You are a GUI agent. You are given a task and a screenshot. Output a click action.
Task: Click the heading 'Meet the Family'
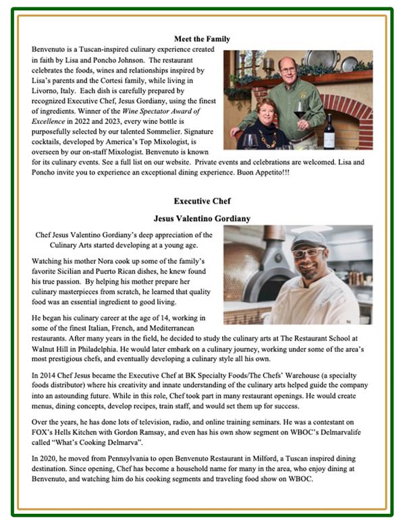click(202, 39)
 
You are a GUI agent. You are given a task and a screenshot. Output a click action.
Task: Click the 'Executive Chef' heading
click(202, 200)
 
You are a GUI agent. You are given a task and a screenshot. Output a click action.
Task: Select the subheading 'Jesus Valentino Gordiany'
click(202, 218)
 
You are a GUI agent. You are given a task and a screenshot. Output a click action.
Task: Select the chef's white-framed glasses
click(308, 252)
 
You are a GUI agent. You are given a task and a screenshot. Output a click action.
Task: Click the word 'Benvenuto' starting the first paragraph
click(50, 50)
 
